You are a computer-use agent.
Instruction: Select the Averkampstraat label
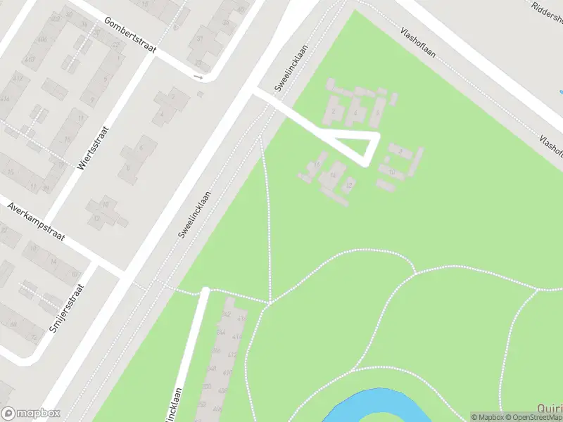[x=36, y=222]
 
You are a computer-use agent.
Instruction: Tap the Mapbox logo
[x=31, y=414]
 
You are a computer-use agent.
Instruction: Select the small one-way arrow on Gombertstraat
[x=198, y=77]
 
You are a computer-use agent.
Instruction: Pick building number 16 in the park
[x=318, y=165]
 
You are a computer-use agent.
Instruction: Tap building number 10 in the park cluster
[x=391, y=171]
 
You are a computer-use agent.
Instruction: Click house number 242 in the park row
[x=227, y=312]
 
